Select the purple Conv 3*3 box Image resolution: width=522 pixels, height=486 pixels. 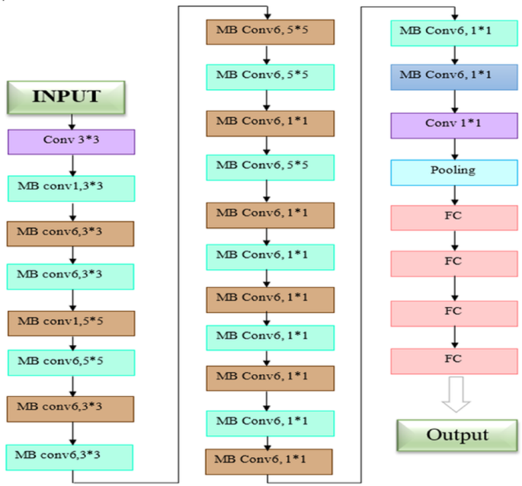tap(71, 142)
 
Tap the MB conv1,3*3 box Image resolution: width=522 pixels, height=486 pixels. tap(71, 188)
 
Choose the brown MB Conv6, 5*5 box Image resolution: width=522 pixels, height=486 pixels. tap(270, 33)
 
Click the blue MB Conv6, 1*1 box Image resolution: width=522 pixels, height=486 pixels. tap(455, 78)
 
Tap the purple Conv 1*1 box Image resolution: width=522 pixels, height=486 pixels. tap(455, 124)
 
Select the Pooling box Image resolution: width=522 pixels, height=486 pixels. tap(455, 171)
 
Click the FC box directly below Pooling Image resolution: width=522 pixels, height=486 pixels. tap(455, 217)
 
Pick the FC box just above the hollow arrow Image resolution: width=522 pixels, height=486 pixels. tap(455, 359)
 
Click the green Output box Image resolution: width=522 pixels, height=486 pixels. tap(455, 435)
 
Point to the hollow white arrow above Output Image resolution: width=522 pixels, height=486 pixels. tap(455, 395)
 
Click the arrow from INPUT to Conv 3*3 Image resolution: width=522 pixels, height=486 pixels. tap(71, 120)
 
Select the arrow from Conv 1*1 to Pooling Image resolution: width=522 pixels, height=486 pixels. tap(455, 148)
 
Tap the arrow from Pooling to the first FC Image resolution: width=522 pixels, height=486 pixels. tap(455, 194)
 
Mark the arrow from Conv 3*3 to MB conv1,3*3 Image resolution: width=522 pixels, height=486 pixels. tap(71, 165)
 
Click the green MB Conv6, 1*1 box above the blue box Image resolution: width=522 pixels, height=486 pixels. tap(455, 33)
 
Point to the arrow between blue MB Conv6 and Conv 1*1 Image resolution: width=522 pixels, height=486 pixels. tap(455, 101)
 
